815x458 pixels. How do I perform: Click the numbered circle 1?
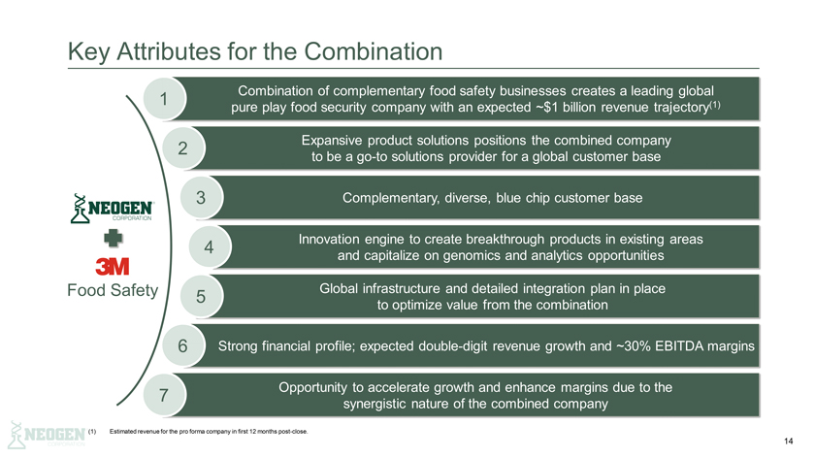(x=164, y=98)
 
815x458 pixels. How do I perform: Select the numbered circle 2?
(x=182, y=147)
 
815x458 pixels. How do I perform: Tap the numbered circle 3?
(x=201, y=197)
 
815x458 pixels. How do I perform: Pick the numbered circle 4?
(x=209, y=246)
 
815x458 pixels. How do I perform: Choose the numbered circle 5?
(x=201, y=296)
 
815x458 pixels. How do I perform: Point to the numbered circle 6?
(x=182, y=345)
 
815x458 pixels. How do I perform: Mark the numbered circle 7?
(x=164, y=395)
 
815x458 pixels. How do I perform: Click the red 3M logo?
(x=113, y=266)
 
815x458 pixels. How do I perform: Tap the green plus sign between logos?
(x=113, y=238)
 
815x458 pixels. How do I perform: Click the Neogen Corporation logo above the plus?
(x=112, y=208)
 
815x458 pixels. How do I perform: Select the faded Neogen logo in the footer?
(x=47, y=435)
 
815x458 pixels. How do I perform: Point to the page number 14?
(x=789, y=442)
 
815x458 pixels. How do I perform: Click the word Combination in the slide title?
(x=374, y=51)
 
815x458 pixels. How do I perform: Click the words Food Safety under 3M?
(x=113, y=290)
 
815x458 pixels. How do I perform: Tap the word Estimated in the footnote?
(x=122, y=432)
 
